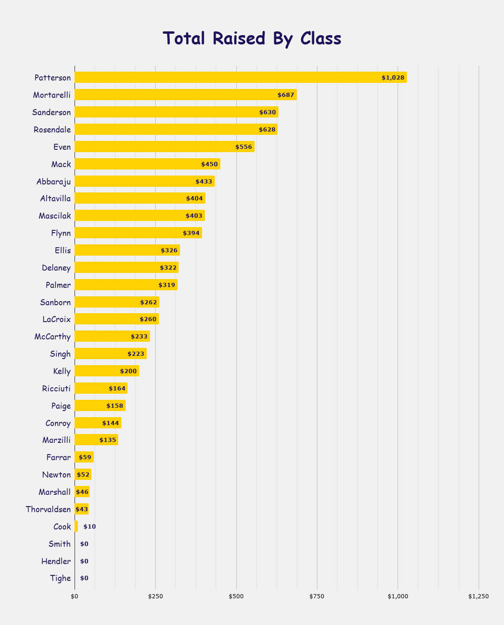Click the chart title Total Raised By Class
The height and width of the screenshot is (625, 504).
[x=252, y=38]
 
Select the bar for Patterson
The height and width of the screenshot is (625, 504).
[x=240, y=77]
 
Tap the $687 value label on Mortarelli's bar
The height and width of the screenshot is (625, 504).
[x=286, y=95]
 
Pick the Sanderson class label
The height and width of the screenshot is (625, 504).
[x=52, y=112]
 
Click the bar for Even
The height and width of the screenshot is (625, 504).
[x=164, y=147]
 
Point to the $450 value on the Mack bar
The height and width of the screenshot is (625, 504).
[x=209, y=164]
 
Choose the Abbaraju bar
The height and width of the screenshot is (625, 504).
[x=144, y=181]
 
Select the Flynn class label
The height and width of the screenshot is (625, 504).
[x=61, y=233]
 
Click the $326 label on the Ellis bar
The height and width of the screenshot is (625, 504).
[x=169, y=250]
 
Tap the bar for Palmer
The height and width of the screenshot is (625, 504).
[x=126, y=285]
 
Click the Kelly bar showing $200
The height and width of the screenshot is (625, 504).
[x=107, y=371]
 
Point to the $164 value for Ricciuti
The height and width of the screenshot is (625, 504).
[x=117, y=389]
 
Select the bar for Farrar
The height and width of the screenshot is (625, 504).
[x=84, y=457]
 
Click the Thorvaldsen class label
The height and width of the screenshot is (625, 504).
[x=48, y=509]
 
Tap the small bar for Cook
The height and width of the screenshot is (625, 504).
[x=76, y=526]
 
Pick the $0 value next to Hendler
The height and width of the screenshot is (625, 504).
[x=84, y=561]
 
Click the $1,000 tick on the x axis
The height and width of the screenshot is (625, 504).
[x=398, y=596]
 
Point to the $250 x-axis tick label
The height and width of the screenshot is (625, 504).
[x=155, y=596]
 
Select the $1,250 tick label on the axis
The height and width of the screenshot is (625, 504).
[x=478, y=596]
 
